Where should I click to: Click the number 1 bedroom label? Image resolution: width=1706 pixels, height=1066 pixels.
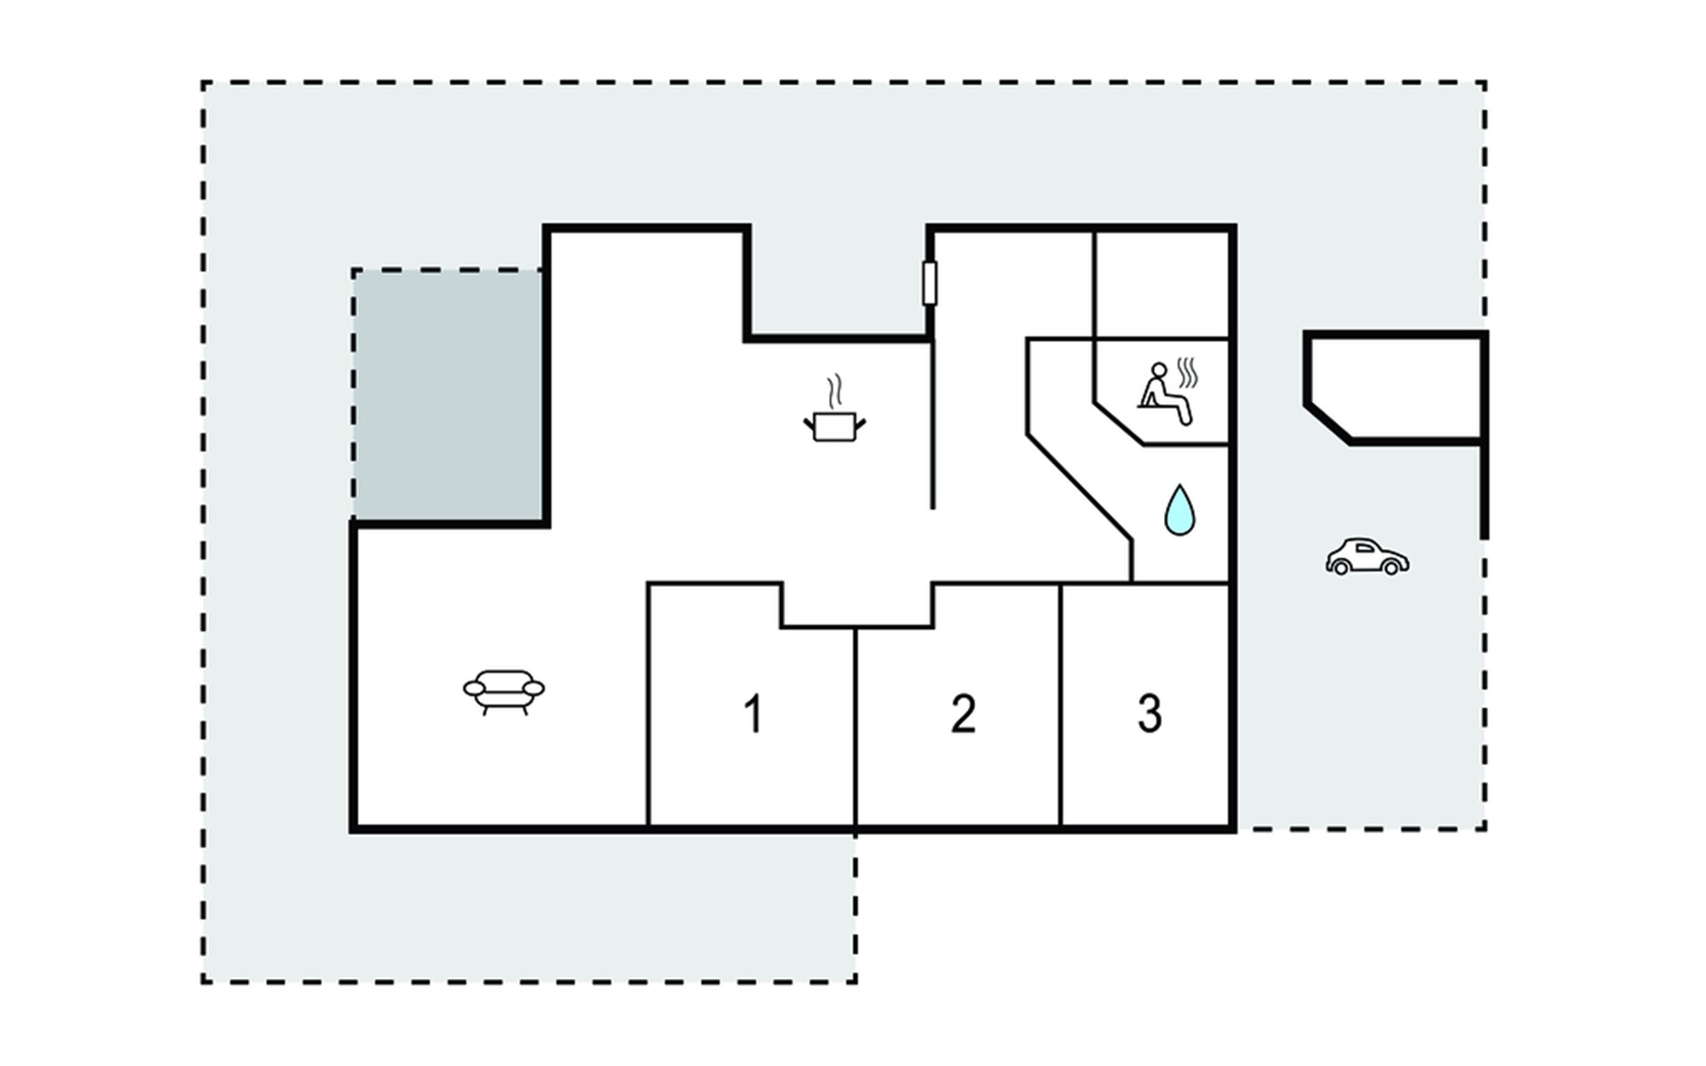753,713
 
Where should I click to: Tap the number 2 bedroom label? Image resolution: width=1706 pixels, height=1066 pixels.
963,713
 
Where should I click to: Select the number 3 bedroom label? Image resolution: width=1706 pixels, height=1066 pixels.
1150,713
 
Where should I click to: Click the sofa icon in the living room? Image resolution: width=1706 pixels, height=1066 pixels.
504,690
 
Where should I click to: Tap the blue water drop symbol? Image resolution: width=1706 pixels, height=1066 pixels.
1180,511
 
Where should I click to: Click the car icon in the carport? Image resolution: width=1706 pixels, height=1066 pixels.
1367,557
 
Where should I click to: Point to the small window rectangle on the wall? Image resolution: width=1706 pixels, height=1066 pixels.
930,283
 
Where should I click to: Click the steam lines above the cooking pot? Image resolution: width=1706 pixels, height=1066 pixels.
834,391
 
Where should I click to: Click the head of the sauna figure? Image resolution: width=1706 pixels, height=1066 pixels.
1159,370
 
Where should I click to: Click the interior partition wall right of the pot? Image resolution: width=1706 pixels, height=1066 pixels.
932,426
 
